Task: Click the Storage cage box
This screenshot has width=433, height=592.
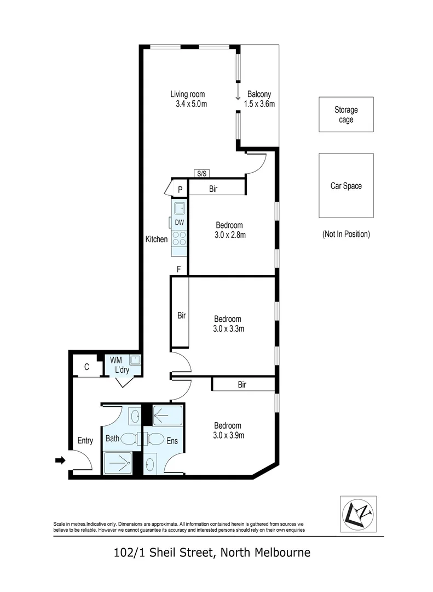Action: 346,115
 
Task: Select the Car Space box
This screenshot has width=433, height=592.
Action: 346,186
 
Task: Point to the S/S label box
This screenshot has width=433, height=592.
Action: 201,174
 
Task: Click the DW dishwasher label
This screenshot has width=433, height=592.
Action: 179,222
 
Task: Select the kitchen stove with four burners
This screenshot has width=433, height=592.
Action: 179,238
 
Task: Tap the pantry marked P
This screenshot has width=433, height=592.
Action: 180,189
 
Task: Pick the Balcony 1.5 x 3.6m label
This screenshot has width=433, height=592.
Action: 259,99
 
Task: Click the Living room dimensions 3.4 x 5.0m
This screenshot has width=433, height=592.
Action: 188,104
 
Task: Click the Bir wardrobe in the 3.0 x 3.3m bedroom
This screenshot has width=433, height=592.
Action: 181,316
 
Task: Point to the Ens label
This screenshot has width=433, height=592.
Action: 172,440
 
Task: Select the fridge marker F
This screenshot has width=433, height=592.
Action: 178,269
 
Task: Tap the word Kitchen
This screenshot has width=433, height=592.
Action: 157,239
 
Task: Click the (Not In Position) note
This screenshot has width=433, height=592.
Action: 346,234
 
